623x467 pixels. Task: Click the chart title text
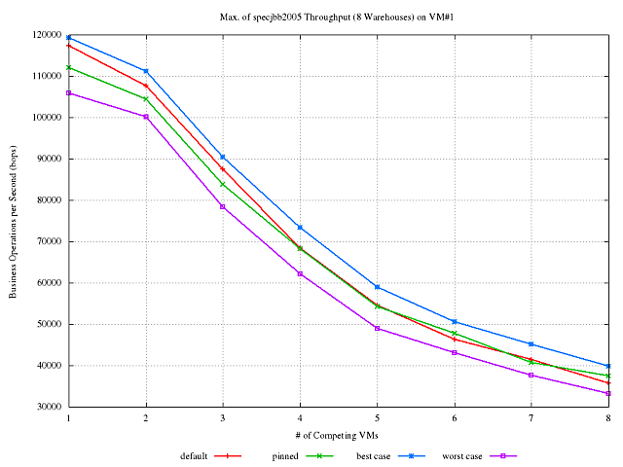[339, 17]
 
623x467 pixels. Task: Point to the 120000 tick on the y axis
[45, 34]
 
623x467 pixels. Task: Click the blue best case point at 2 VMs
[146, 71]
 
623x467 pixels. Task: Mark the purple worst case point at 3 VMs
[223, 206]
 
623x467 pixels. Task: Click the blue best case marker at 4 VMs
[300, 227]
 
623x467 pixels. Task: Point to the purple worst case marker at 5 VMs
[378, 328]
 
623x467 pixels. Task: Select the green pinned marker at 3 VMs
[223, 185]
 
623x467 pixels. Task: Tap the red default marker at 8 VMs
[608, 383]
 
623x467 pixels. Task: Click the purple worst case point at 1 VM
[68, 93]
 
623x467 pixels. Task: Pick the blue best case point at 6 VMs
[455, 321]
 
